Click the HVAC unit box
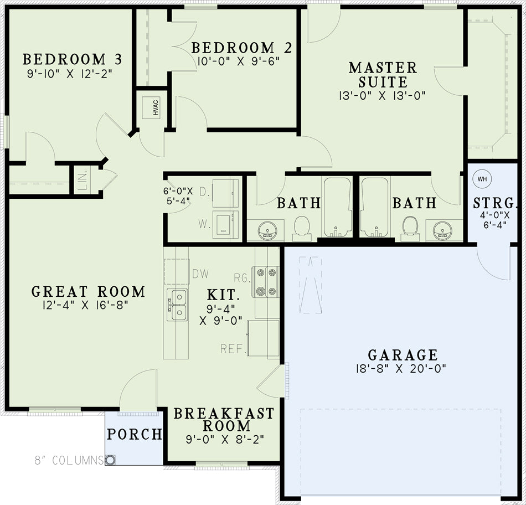[x=151, y=108]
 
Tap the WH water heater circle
[x=482, y=179]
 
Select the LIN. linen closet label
[x=84, y=179]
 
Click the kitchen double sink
[x=178, y=305]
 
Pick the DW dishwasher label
[x=200, y=274]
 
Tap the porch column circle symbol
[x=110, y=460]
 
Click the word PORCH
[x=134, y=434]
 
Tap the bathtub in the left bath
[x=337, y=207]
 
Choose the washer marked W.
[x=226, y=224]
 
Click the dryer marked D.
[x=226, y=193]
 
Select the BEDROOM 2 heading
[x=241, y=48]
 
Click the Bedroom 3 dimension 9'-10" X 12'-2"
[x=69, y=74]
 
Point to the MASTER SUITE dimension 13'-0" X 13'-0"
[x=382, y=96]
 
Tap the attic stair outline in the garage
[x=310, y=285]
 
